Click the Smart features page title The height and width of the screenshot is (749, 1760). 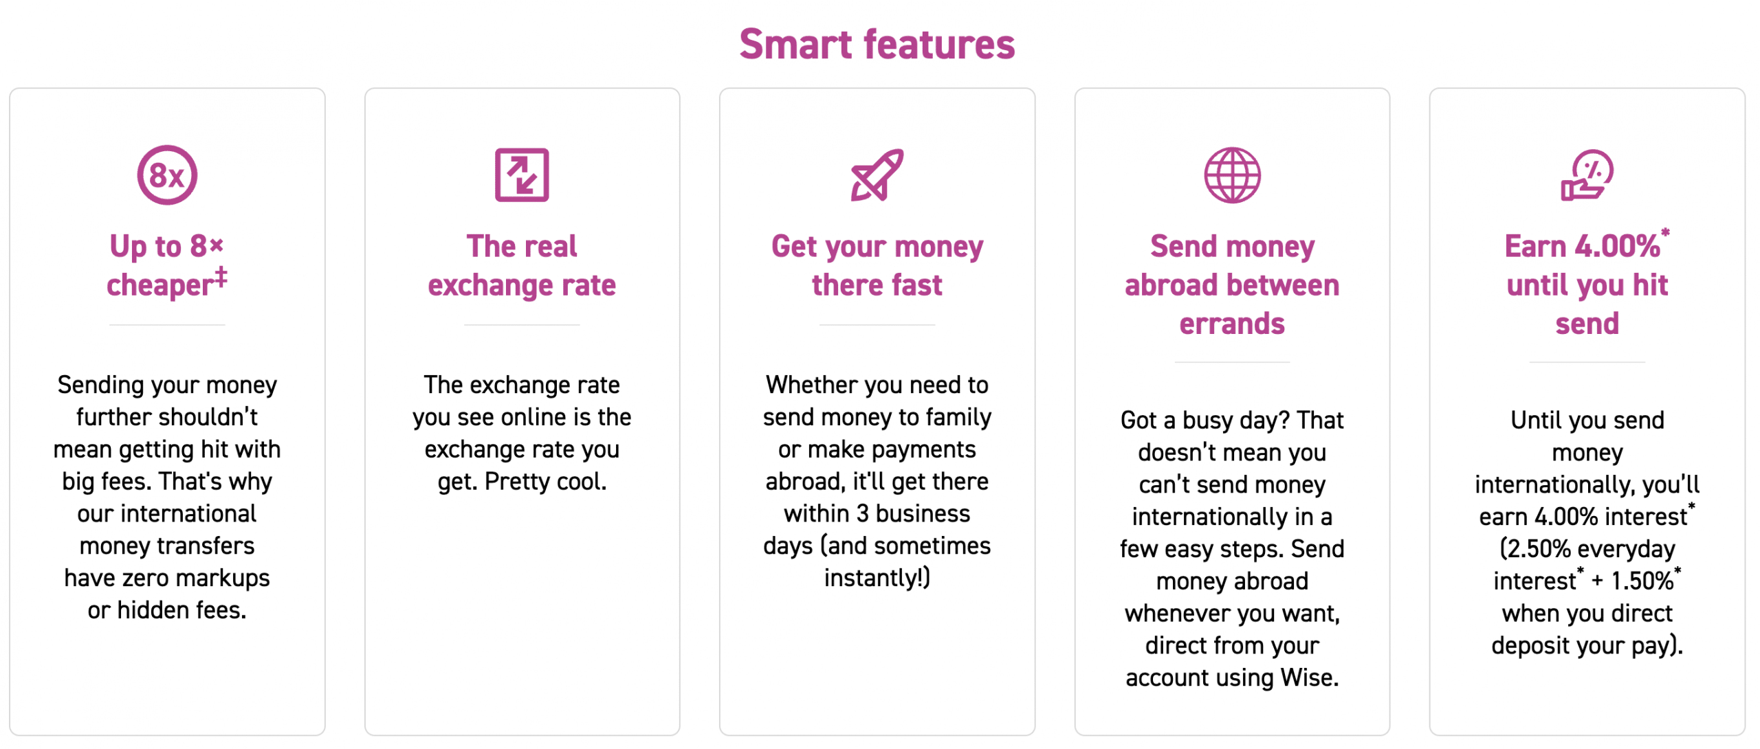(877, 45)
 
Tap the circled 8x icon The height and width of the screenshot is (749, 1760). (167, 175)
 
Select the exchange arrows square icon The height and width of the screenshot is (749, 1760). (522, 175)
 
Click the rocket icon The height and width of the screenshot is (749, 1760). (877, 175)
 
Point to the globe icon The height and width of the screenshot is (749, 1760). (1232, 175)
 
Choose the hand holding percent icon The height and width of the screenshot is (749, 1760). (1587, 175)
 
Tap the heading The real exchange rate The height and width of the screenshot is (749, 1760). (522, 265)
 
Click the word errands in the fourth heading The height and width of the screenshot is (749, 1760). (1232, 324)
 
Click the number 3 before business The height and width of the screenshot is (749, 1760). (862, 514)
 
